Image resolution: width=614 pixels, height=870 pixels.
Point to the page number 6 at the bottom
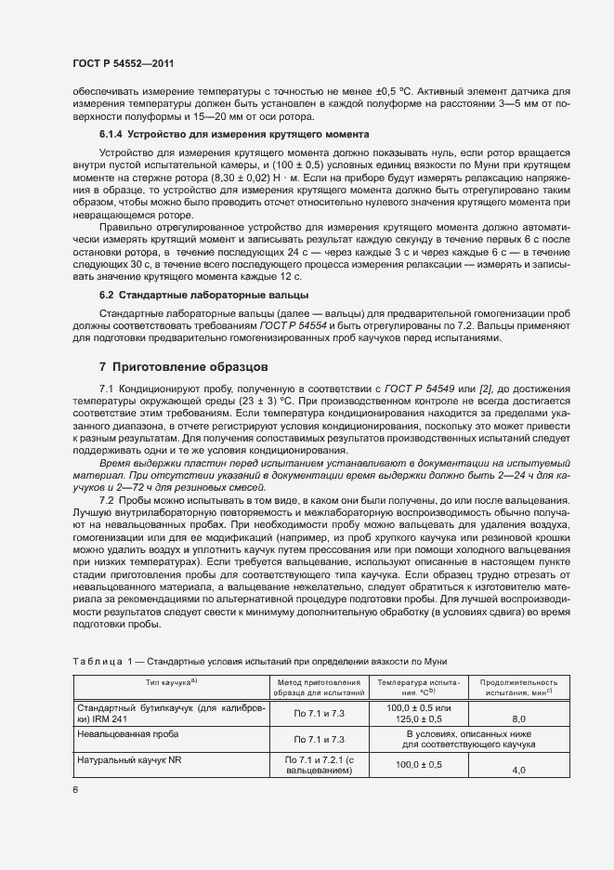(x=75, y=789)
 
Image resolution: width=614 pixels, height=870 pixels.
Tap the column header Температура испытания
(x=418, y=687)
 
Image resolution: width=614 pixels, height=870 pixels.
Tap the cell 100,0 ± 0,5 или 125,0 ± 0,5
(x=418, y=713)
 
